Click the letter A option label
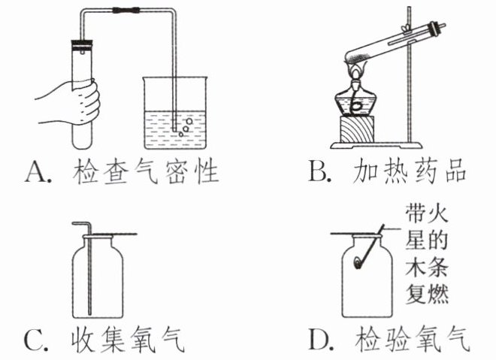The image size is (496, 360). click(37, 174)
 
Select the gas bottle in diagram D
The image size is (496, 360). click(373, 278)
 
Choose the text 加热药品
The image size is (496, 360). click(409, 174)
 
